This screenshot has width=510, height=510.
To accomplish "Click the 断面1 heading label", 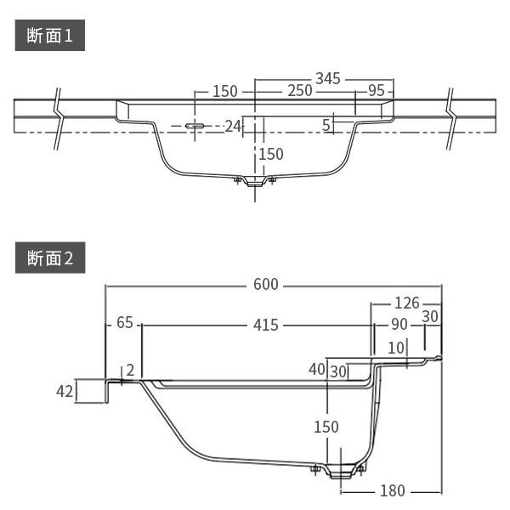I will [51, 39].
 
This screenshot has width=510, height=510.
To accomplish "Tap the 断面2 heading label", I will [51, 258].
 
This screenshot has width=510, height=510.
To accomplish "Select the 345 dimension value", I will [328, 78].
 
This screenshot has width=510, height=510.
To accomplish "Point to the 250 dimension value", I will [299, 91].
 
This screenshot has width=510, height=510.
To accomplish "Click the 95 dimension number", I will [377, 91].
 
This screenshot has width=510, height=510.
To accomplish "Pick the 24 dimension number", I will [234, 126].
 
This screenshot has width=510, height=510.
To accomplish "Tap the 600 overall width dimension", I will [266, 285].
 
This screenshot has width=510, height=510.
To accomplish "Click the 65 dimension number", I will [125, 323].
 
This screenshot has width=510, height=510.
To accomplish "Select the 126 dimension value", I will [407, 303].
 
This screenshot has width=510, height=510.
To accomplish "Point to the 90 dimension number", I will [399, 324].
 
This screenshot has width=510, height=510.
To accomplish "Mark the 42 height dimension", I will [65, 391].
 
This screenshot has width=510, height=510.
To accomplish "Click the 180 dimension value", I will [393, 490].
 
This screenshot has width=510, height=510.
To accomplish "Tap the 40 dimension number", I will [316, 369].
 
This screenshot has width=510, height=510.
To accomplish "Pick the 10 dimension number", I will [395, 347].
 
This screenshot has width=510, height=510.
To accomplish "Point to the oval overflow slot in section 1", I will [195, 126].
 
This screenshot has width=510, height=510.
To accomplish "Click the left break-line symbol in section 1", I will [58, 117].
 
